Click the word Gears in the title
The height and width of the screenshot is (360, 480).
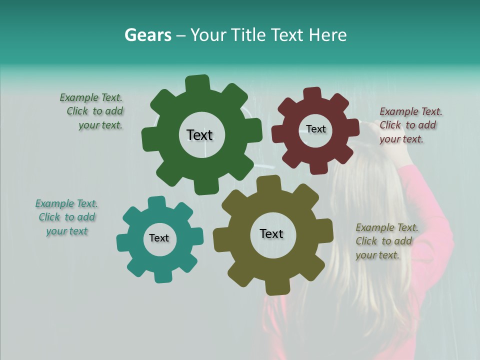click(x=148, y=35)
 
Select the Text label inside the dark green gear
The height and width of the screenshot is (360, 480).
click(x=199, y=135)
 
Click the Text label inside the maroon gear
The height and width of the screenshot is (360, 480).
click(x=315, y=129)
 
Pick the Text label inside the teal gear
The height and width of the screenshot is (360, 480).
click(x=159, y=238)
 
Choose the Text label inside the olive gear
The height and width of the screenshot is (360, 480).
click(x=271, y=233)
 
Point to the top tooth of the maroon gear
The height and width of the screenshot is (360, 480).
click(x=312, y=94)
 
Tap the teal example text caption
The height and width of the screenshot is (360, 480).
click(x=67, y=217)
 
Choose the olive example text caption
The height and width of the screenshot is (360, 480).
click(x=385, y=241)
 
